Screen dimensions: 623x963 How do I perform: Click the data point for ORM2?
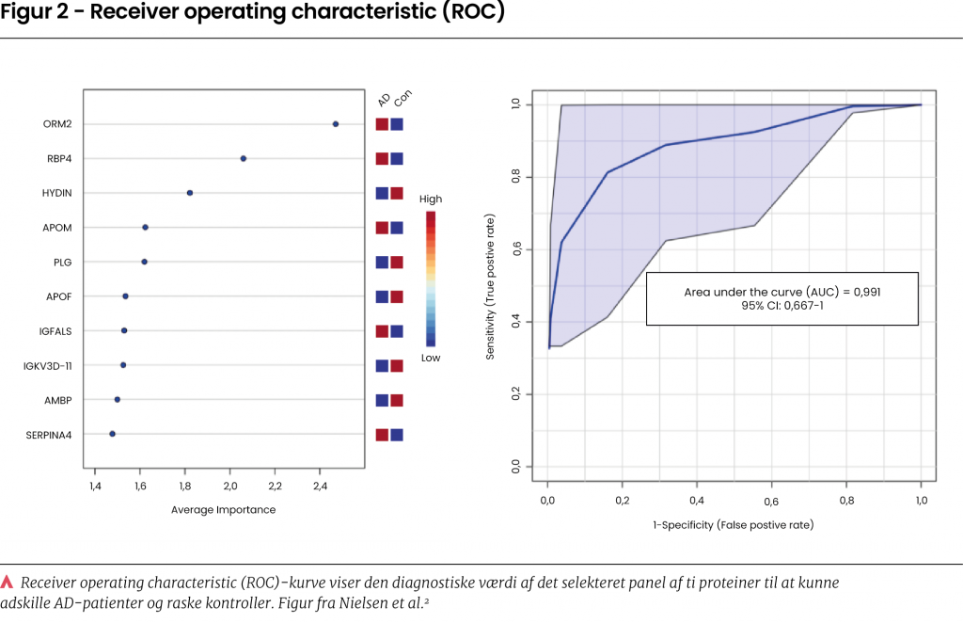[336, 124]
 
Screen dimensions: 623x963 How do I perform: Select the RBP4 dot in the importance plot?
[244, 159]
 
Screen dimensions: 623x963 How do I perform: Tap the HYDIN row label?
[57, 193]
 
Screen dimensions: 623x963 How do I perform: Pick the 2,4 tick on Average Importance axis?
[320, 487]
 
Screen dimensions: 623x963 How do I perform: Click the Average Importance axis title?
[224, 510]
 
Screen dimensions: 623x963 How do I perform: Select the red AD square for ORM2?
[382, 124]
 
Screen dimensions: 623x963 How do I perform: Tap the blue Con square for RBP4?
[397, 159]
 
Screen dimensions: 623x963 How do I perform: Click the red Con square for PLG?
[397, 263]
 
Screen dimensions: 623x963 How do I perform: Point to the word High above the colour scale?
[431, 200]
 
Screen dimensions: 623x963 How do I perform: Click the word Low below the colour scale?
[431, 359]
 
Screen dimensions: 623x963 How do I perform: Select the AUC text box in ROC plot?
[782, 299]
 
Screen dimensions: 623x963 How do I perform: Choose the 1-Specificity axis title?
[734, 524]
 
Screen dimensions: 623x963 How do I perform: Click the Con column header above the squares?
[403, 100]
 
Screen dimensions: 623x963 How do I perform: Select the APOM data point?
[145, 228]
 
